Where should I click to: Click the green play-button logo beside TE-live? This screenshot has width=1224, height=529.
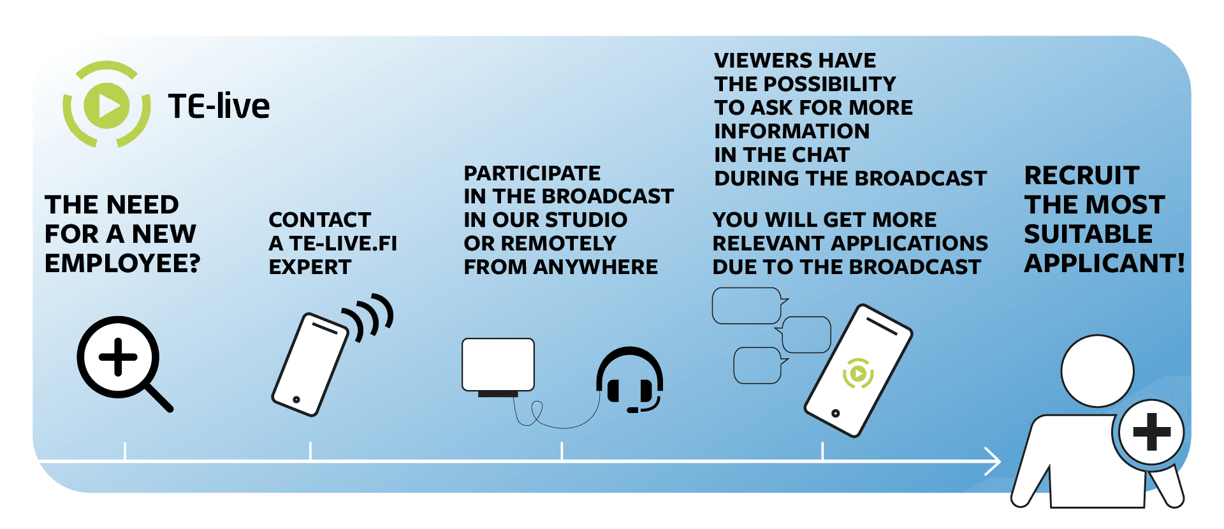pos(106,105)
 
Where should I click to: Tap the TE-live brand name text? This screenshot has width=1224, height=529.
pos(219,106)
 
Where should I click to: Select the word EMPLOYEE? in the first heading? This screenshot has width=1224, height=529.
pos(122,263)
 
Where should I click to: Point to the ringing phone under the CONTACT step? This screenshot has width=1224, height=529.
pos(310,365)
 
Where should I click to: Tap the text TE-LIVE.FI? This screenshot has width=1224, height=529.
pos(343,243)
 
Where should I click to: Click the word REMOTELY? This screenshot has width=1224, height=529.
pos(558,243)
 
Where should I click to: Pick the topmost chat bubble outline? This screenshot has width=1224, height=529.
pos(750,306)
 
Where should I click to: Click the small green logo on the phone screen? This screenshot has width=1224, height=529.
pos(858,373)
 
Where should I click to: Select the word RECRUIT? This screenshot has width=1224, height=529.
pos(1082,175)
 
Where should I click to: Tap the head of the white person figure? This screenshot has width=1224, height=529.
pos(1097,371)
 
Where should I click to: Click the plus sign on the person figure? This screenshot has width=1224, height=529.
pos(1152,431)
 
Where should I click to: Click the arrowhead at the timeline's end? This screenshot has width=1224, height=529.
pos(993,461)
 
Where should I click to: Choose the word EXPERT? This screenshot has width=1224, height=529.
pos(310,267)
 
